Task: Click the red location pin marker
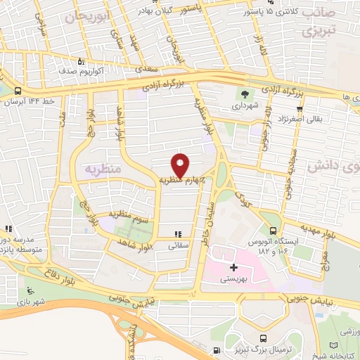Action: [181, 165]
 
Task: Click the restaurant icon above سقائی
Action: [179, 236]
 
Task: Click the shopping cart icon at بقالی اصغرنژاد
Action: [300, 108]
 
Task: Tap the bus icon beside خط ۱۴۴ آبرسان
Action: [16, 91]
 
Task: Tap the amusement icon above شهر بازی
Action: [29, 292]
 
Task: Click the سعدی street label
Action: [144, 70]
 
